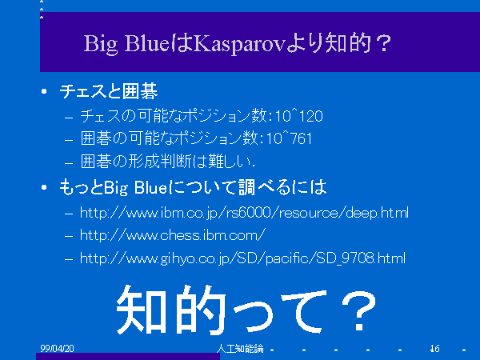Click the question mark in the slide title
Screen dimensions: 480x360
click(383, 43)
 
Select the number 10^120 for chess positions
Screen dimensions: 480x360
click(298, 116)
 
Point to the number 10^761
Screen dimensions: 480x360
click(289, 138)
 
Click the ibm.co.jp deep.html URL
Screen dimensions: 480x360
click(244, 213)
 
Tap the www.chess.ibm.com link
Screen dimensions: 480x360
click(172, 235)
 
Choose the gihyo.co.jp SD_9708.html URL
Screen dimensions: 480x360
click(242, 258)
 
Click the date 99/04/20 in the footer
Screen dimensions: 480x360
click(57, 348)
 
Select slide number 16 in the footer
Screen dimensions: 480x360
click(434, 348)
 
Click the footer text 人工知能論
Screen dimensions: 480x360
click(240, 348)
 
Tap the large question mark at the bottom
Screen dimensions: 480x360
click(358, 310)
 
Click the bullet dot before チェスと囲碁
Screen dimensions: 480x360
click(44, 91)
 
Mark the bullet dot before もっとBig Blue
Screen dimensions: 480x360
click(44, 187)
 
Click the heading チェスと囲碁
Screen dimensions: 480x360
click(109, 91)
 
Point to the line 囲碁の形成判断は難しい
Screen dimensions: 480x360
click(168, 162)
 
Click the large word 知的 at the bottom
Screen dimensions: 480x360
click(171, 309)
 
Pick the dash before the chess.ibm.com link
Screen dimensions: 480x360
click(69, 236)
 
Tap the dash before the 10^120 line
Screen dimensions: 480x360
click(69, 117)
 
